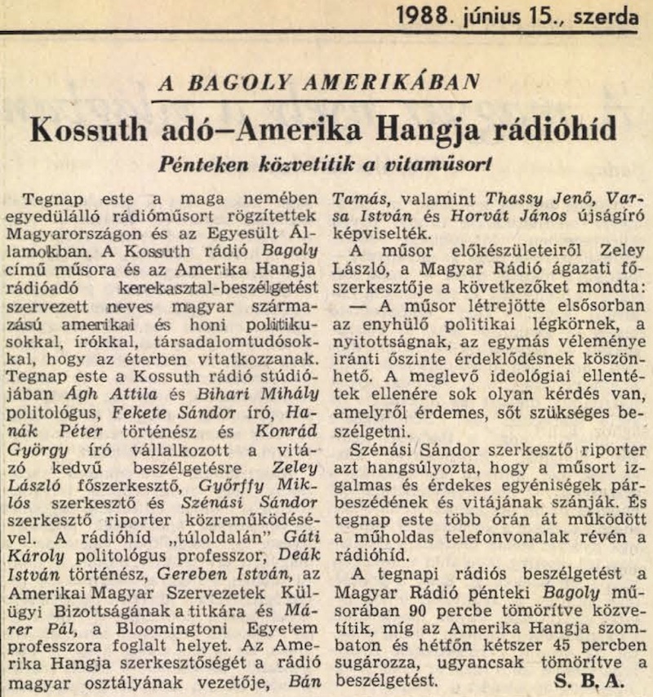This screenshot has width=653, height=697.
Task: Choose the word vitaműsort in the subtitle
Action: click(x=435, y=162)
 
